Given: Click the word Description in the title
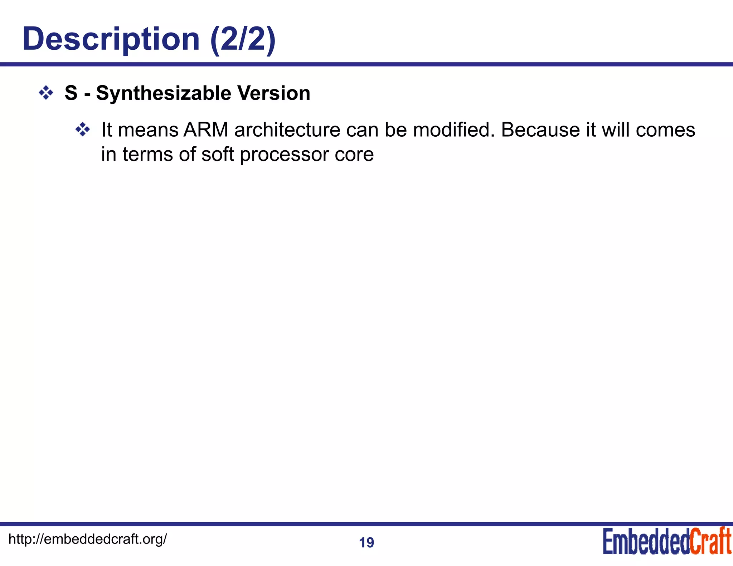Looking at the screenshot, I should (x=111, y=39).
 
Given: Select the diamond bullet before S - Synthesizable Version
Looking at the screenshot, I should (x=46, y=93).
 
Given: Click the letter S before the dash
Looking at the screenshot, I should (x=71, y=93).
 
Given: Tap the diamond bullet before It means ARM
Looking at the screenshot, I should (x=83, y=130).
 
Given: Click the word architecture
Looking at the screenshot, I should (x=287, y=130).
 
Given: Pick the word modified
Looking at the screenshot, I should (x=454, y=130).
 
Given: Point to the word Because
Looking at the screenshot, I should (x=540, y=130).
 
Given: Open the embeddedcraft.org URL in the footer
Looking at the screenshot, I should (x=87, y=539).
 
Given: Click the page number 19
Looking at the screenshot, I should (x=366, y=543).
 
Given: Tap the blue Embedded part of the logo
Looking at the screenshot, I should (x=646, y=541).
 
